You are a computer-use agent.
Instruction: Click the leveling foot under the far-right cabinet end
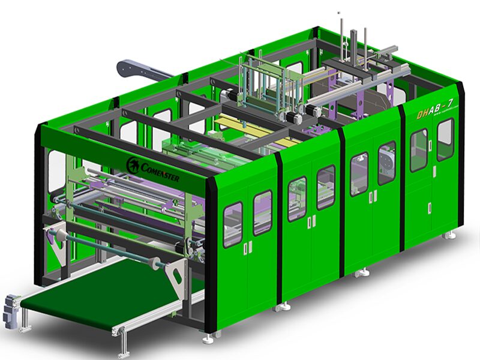tap(448, 236)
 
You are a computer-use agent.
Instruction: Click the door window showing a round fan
tap(386, 163)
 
